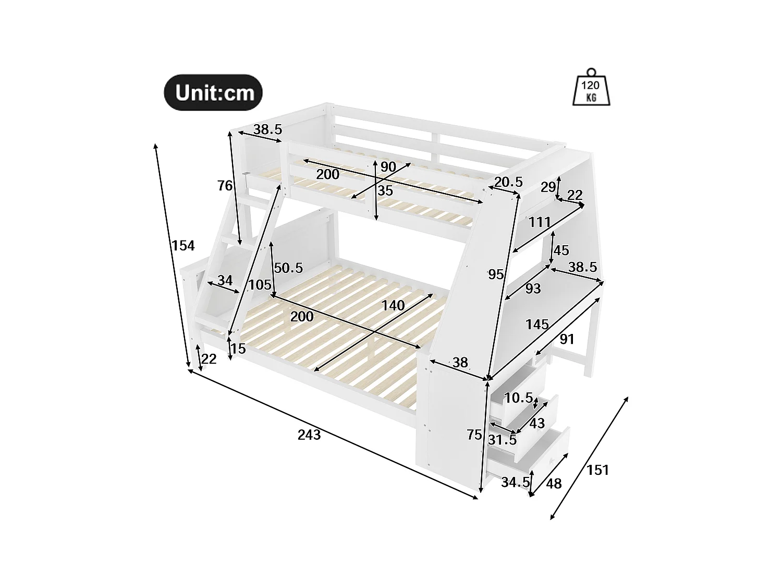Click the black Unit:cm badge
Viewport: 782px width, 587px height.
(213, 92)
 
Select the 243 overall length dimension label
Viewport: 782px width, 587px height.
(309, 434)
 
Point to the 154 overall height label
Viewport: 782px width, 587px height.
(183, 245)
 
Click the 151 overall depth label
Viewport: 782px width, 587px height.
(597, 470)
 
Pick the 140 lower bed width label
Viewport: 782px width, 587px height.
(393, 305)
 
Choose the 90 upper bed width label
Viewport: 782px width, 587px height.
(388, 167)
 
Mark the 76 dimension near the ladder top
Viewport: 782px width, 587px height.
(225, 185)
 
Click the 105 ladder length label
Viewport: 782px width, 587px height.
(260, 285)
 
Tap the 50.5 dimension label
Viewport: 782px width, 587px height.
(288, 268)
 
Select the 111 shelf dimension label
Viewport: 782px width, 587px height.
(539, 222)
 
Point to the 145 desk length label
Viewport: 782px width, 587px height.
(537, 325)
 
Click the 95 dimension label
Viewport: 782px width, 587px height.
(495, 273)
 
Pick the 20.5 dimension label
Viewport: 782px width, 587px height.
(508, 182)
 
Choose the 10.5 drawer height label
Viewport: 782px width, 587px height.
(518, 398)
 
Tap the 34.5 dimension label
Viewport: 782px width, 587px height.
(515, 482)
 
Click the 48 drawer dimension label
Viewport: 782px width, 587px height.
(554, 484)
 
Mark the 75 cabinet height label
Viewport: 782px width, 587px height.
(474, 435)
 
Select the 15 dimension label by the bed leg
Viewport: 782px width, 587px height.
(238, 349)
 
